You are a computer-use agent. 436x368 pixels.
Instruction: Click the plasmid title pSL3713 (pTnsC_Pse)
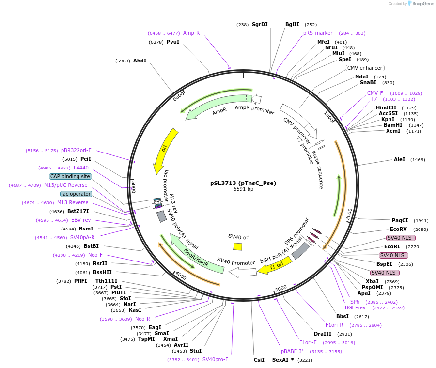[x=243, y=183]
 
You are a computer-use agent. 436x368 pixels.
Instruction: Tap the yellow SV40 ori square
[x=237, y=246]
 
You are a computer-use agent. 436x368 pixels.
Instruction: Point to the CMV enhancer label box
[x=365, y=68]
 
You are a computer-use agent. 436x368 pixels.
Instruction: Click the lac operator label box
[x=76, y=194]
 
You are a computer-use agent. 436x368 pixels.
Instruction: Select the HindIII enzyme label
[x=386, y=107]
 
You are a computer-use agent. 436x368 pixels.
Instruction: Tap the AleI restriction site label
[x=399, y=159]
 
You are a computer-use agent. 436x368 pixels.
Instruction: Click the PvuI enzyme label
[x=173, y=42]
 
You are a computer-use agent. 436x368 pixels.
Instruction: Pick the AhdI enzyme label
[x=140, y=61]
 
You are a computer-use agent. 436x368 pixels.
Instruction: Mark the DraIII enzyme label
[x=322, y=334]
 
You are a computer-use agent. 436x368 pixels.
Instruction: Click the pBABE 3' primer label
[x=292, y=351]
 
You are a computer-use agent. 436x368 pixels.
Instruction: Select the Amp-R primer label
[x=191, y=33]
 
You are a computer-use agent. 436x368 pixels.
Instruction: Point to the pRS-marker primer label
[x=318, y=33]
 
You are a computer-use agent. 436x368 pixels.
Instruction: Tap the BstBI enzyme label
[x=91, y=246]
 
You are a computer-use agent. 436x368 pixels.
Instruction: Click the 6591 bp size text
[x=243, y=189]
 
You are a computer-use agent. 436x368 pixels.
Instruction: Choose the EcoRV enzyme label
[x=398, y=229]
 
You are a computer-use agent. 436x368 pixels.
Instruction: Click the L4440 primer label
[x=81, y=168]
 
